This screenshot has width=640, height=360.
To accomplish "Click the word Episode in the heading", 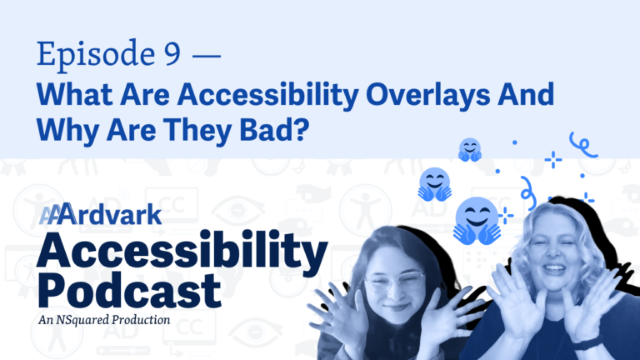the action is click(x=96, y=55).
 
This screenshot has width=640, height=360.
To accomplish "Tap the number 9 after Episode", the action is click(x=172, y=53).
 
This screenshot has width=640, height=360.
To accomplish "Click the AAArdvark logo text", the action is click(x=100, y=214).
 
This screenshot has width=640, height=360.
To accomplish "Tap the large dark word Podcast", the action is click(x=129, y=289).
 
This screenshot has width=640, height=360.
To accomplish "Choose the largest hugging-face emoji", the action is click(x=477, y=221).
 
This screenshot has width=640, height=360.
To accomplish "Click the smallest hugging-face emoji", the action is click(x=470, y=149).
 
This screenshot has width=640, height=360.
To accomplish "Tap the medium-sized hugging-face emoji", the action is click(x=435, y=184).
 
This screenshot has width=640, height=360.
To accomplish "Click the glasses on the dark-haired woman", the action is click(x=394, y=281).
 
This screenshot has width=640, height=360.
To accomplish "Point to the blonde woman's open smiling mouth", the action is click(x=554, y=268).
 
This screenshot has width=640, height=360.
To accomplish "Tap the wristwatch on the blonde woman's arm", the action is click(x=587, y=343).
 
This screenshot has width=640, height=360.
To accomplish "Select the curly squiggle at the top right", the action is click(x=583, y=145).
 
